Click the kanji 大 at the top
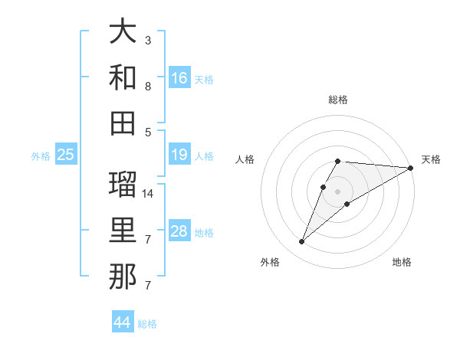point(123,34)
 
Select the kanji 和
point(123,78)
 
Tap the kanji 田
point(123,123)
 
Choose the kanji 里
point(123,231)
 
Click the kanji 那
point(123,276)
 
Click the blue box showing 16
point(179,78)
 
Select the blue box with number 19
point(179,155)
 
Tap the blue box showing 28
point(179,231)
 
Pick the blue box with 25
point(66,155)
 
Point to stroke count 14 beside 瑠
point(148,194)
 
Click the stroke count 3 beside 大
point(148,40)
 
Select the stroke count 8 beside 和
point(148,87)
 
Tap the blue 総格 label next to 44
point(147,324)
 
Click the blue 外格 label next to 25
point(41,156)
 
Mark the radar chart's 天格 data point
point(411,168)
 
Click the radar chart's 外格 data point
point(302,242)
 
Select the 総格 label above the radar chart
point(338,100)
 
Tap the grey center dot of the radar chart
point(338,191)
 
